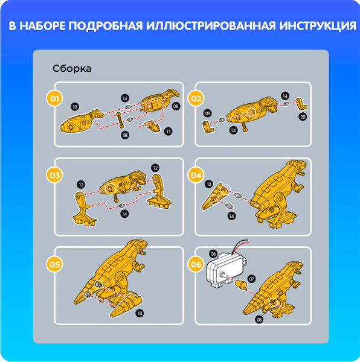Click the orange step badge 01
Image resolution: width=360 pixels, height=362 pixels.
54,99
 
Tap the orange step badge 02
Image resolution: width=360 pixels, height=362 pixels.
196,99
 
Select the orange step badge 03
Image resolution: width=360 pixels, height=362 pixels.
54,176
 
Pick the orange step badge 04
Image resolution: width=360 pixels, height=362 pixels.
196,176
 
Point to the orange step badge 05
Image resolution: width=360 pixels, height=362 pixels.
54,264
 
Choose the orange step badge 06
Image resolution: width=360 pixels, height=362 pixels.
196,264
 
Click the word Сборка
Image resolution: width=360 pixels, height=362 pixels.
72,69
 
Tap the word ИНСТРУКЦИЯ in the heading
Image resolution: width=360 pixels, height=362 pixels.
318,26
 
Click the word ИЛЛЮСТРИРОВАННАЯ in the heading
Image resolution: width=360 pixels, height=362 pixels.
211,26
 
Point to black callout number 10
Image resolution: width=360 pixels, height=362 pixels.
75,107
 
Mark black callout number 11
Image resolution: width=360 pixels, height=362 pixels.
168,132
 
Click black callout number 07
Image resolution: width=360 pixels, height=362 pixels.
252,279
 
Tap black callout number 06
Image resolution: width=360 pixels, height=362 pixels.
213,254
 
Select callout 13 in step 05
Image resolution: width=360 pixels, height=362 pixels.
140,313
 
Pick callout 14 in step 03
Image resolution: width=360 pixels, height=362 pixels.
124,214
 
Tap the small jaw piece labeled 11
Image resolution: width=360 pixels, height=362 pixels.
153,126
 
